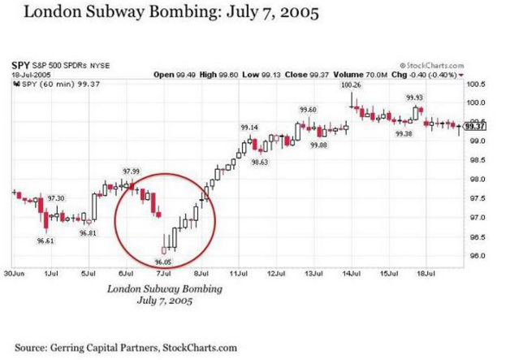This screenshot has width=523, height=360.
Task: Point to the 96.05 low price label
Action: pos(165,261)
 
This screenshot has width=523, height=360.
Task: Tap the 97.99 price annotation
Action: pos(131,171)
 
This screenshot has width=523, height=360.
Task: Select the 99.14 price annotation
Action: pos(249,128)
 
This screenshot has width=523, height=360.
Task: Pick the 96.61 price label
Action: pos(45,241)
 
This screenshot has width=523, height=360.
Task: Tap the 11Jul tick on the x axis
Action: pos(238,273)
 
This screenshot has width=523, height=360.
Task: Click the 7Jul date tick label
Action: pos(162,273)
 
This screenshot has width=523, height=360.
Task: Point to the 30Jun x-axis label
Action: pos(15,273)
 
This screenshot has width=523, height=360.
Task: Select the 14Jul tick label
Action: pos(350,273)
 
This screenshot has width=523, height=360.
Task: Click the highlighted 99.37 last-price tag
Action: pos(475,126)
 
